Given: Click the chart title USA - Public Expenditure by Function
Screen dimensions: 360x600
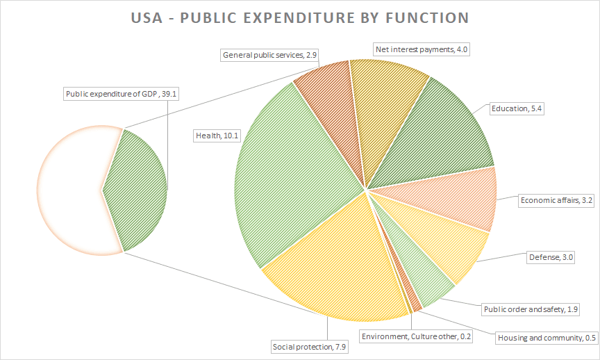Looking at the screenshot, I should [299, 17].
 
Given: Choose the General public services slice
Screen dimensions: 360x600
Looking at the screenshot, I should [330, 97].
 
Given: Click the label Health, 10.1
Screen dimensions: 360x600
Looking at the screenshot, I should [217, 136].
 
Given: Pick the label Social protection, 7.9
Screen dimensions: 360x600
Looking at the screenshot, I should [308, 346].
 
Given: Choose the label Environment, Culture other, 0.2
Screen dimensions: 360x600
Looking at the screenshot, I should [416, 336].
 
